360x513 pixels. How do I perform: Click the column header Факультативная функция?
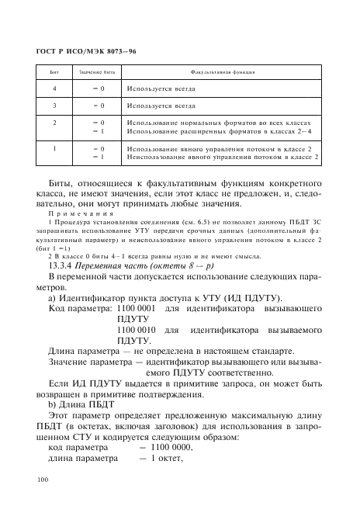(x=221, y=71)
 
